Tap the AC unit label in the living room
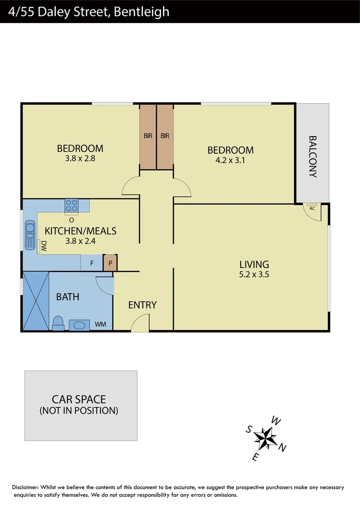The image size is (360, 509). [x=312, y=207]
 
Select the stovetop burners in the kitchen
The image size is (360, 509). [x=72, y=205]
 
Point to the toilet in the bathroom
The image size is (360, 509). [x=58, y=324]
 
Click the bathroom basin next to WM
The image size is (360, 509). [x=79, y=325]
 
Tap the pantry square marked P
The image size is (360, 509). [x=110, y=263]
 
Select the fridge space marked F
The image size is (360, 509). [x=92, y=263]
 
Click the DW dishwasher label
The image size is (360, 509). [x=43, y=246]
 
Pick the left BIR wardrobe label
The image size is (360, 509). [x=148, y=136]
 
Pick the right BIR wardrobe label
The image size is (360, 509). [x=164, y=136]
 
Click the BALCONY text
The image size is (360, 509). [x=312, y=156]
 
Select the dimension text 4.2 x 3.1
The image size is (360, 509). [x=230, y=160]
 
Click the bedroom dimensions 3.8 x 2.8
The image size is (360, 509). [x=80, y=159]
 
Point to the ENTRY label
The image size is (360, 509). [x=142, y=305]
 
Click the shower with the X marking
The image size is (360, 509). [x=36, y=301]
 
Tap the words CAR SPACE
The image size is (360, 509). [x=79, y=399]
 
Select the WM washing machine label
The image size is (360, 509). [x=100, y=325]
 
